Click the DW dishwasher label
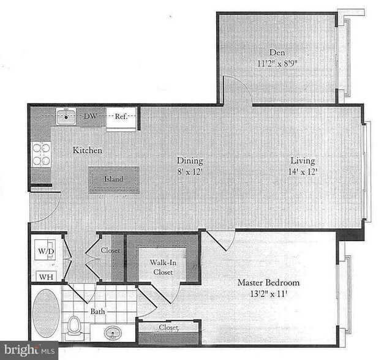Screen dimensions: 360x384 90,116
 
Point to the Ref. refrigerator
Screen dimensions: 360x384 121,116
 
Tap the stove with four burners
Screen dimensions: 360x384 41,154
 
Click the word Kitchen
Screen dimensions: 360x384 88,150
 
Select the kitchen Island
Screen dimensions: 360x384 113,179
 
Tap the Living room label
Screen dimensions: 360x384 303,161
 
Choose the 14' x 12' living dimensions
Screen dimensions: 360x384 303,172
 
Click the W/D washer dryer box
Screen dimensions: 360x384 45,250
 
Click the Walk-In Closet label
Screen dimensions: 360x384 162,268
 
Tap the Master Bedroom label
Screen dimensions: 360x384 269,283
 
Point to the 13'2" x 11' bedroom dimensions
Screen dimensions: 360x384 269,294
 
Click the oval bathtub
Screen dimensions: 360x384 46,314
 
